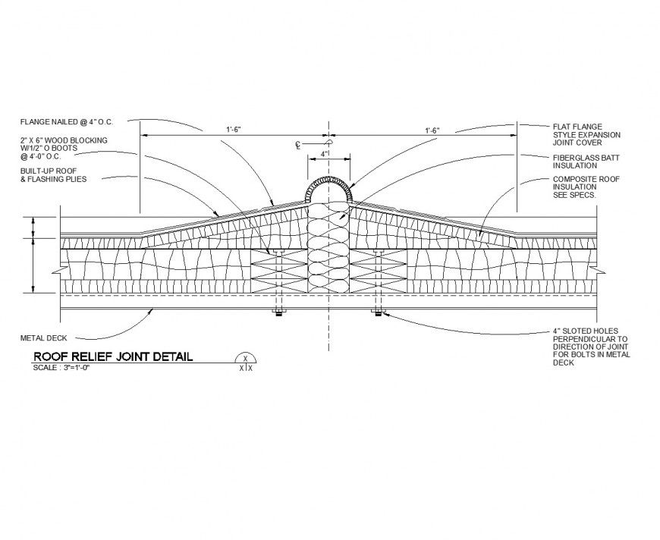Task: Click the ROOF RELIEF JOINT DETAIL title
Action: [x=113, y=356]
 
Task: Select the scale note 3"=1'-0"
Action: [x=58, y=368]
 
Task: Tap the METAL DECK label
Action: [x=42, y=337]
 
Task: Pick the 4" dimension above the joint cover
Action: [x=325, y=154]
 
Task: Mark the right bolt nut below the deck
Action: [x=377, y=312]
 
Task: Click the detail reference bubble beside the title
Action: [x=245, y=362]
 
